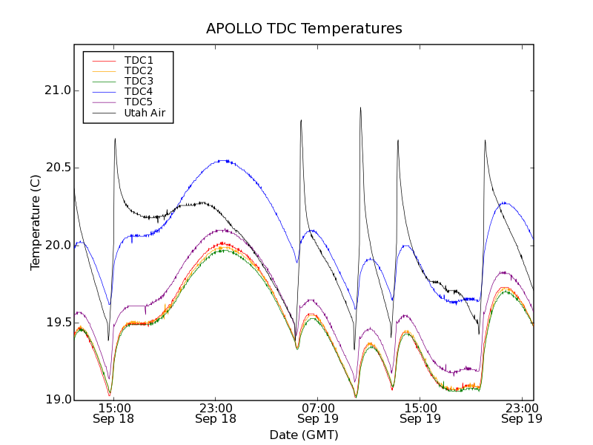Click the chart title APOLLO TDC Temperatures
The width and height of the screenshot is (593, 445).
304,29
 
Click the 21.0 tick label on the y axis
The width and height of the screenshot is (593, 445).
56,90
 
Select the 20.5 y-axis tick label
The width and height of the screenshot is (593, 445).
56,168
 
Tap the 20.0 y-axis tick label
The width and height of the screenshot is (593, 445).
56,245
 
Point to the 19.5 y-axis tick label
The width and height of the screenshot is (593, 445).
56,323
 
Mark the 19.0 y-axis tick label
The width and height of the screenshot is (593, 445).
56,400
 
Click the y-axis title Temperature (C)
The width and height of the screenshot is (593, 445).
36,222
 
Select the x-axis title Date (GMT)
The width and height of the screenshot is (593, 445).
304,435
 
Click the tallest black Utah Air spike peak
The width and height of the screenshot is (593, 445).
361,108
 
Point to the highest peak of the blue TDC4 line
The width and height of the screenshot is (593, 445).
225,160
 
